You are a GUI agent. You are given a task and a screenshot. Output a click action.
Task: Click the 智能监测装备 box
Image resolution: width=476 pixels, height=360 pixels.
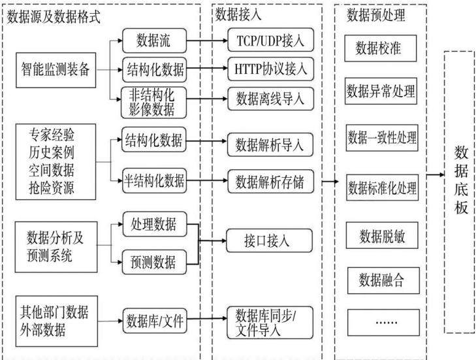pos(56,70)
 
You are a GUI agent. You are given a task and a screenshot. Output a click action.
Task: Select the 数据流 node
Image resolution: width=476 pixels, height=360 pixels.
pos(154,41)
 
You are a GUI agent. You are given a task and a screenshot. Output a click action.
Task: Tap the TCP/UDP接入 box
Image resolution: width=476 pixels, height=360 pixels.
pos(270,40)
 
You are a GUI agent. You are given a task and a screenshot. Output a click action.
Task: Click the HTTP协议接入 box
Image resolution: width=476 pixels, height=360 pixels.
pos(270,69)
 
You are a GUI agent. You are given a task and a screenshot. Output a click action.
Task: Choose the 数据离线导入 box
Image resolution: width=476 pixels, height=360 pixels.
pos(270,99)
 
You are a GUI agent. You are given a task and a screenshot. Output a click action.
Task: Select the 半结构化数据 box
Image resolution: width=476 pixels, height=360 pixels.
pos(154,180)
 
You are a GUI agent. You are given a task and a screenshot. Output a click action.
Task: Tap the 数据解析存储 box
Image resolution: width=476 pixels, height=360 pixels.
pos(270,182)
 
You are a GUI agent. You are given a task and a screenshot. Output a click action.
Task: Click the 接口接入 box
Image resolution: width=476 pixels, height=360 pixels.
pos(269,241)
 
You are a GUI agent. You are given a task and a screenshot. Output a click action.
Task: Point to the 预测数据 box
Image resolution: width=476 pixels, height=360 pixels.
pos(154,262)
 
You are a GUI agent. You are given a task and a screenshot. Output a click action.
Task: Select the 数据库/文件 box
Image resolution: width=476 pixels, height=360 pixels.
pos(155,321)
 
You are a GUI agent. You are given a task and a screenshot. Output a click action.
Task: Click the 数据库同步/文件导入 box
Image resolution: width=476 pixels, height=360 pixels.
pos(270,323)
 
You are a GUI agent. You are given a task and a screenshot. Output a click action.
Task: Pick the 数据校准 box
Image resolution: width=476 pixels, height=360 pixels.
pos(381,48)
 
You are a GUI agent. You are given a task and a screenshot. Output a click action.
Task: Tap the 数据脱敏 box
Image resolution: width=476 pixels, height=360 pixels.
pos(382,235)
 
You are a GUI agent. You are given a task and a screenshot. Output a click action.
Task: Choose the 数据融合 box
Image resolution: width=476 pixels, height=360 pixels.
pos(383,281)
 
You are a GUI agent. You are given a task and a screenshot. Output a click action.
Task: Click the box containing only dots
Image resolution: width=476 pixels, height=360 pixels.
pos(383,323)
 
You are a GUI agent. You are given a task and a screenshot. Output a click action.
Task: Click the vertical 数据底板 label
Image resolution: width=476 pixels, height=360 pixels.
pos(461,180)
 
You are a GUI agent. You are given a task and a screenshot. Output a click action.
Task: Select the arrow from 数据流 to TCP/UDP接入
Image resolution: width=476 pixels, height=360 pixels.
pos(207,41)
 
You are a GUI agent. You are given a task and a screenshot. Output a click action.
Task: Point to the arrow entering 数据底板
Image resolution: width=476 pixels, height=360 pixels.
pos(436,174)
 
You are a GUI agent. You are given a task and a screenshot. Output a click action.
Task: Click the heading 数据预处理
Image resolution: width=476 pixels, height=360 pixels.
pos(376,15)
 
